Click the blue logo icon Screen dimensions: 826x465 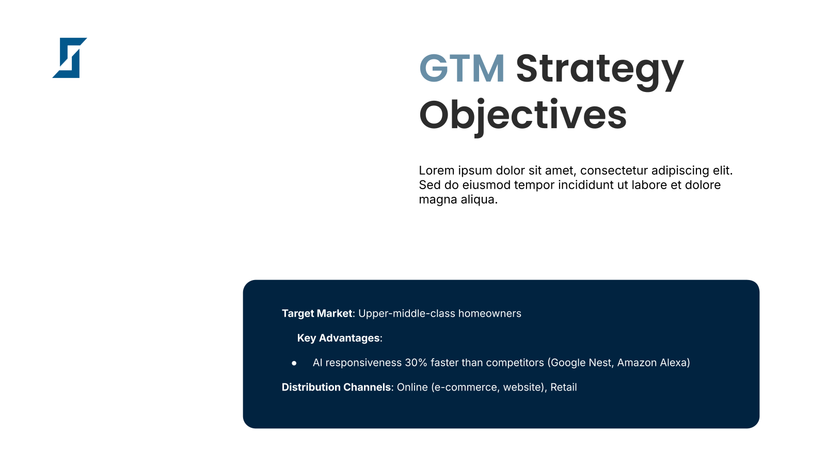point(70,58)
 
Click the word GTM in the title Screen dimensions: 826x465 point(462,68)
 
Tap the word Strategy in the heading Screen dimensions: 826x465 point(600,72)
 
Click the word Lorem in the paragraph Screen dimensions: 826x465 point(437,171)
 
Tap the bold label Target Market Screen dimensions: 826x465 point(317,313)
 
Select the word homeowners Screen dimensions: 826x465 point(490,313)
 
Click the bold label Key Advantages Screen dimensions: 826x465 point(339,338)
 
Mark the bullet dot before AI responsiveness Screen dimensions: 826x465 point(294,363)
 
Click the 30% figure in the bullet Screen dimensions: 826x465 point(416,363)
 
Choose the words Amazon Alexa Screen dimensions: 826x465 point(652,363)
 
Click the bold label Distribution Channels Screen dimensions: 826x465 point(336,387)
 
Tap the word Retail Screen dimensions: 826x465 point(563,387)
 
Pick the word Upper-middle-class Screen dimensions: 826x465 point(407,314)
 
